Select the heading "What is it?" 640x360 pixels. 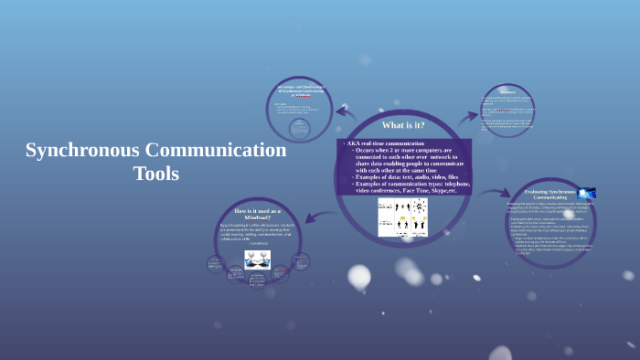[x=403, y=125]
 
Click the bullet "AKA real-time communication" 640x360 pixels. [x=385, y=143]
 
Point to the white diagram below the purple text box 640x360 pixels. [x=403, y=217]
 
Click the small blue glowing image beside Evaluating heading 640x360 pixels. [x=586, y=194]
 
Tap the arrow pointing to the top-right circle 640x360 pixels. [x=468, y=116]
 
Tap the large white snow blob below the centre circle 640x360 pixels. [x=358, y=276]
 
